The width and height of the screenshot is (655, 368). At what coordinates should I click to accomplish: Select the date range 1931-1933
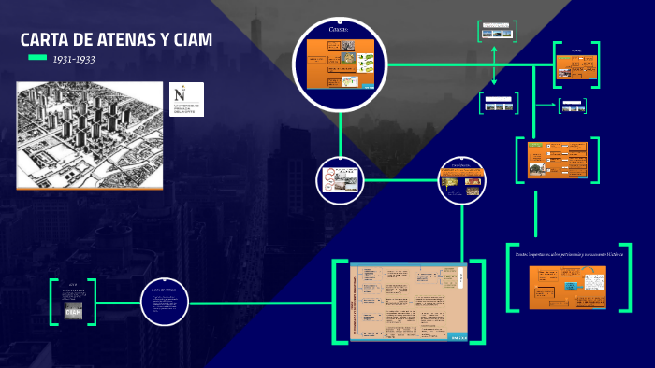coord(74,59)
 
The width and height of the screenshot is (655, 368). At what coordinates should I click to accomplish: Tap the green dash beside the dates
coord(37,58)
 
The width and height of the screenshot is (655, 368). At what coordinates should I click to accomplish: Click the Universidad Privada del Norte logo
coord(186,99)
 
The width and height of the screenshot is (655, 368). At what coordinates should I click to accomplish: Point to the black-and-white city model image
coord(90,135)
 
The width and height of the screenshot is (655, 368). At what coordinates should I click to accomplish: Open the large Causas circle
coord(339,65)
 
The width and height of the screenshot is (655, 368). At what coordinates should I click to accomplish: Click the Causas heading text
coord(339,30)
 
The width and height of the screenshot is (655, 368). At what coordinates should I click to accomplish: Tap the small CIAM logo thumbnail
coord(74,309)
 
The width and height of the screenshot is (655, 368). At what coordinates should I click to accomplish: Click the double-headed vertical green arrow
coord(494,66)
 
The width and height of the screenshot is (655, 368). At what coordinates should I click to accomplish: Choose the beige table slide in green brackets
coord(408,303)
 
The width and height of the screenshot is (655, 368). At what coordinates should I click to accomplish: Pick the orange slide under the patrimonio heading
coord(567,287)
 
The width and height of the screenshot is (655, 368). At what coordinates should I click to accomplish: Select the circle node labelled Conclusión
coord(462,178)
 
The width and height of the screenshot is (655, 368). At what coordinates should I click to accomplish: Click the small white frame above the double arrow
coord(497,32)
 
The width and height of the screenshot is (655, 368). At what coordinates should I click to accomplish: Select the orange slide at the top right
coord(576,66)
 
